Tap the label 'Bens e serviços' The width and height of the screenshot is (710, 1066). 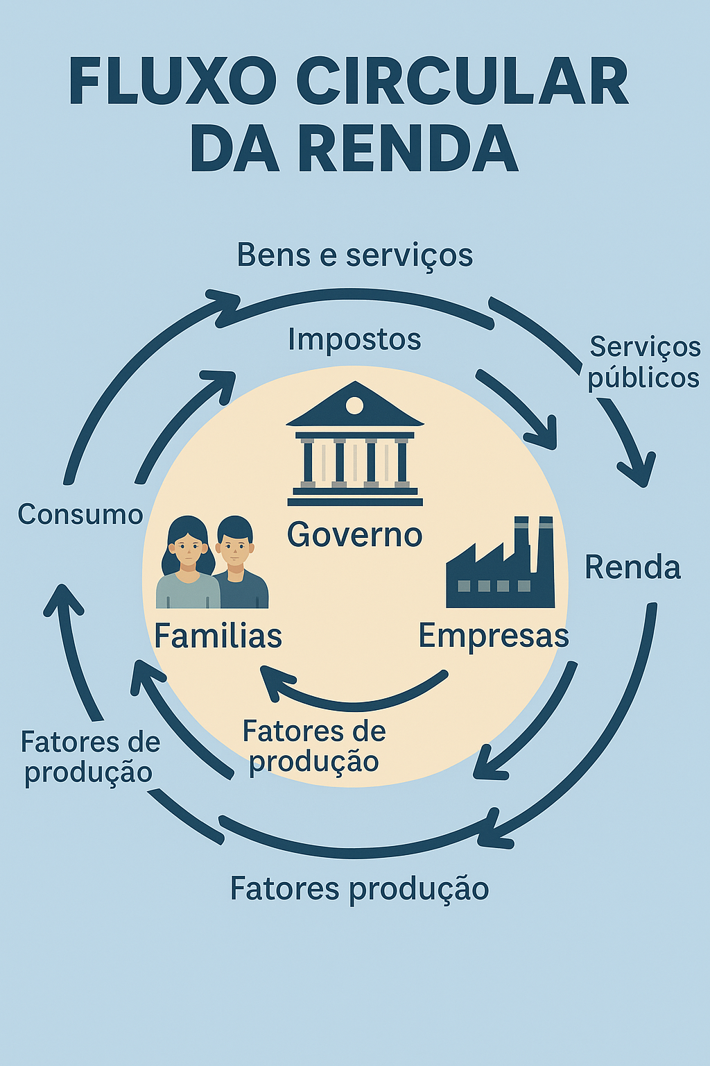click(x=354, y=255)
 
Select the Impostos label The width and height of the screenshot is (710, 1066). click(x=354, y=340)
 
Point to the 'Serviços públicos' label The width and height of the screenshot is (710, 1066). click(x=644, y=362)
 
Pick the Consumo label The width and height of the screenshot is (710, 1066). click(x=80, y=515)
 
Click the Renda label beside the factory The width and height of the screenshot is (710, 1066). click(x=632, y=568)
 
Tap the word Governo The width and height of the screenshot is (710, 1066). click(x=354, y=535)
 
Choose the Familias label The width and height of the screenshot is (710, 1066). click(x=218, y=636)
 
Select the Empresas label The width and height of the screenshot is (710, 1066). click(x=493, y=636)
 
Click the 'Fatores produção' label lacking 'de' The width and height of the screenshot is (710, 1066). click(x=359, y=889)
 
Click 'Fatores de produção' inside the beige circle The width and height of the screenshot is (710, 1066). click(x=314, y=747)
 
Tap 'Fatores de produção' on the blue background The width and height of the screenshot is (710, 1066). click(x=90, y=757)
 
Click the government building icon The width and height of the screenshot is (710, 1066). click(x=354, y=444)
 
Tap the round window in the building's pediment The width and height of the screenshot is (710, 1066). click(x=354, y=405)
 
